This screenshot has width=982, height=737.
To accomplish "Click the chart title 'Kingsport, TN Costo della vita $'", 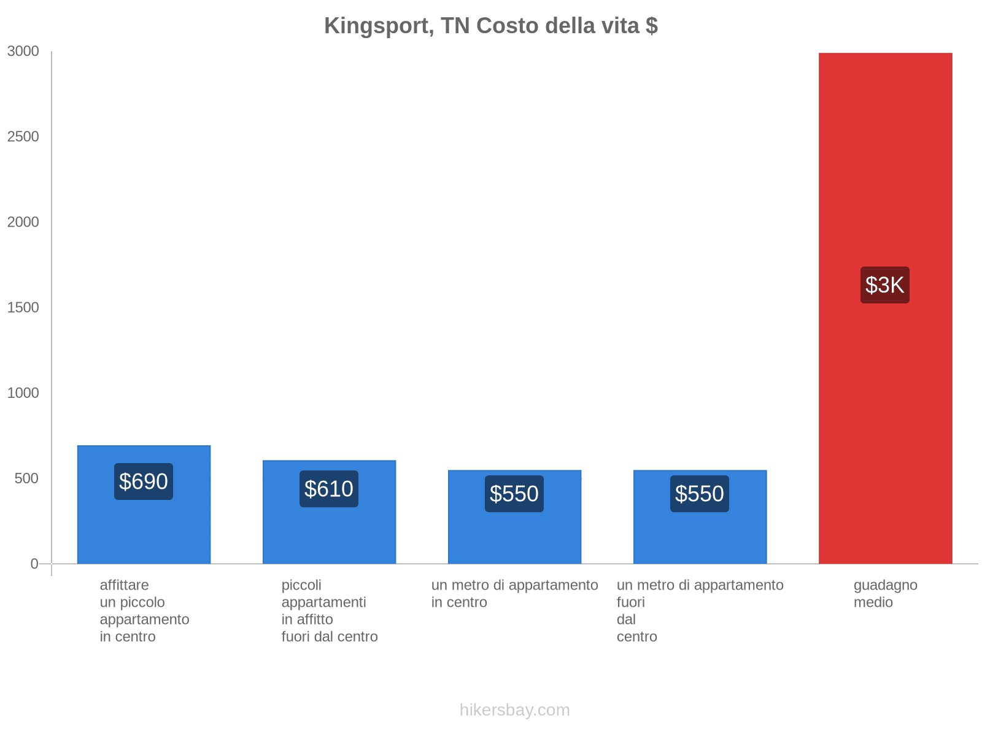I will pyautogui.click(x=491, y=26).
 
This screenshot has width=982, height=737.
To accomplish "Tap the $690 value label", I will pyautogui.click(x=144, y=482).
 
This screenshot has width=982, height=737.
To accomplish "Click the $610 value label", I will pyautogui.click(x=329, y=489).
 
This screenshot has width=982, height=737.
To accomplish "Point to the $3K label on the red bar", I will pyautogui.click(x=884, y=285).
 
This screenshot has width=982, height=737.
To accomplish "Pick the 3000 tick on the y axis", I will pyautogui.click(x=23, y=52).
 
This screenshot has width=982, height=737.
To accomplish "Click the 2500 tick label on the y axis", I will pyautogui.click(x=23, y=137).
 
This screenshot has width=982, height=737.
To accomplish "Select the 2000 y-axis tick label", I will pyautogui.click(x=23, y=222).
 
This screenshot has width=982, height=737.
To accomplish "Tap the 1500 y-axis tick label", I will pyautogui.click(x=23, y=308).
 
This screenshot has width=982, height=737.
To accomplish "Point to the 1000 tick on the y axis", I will pyautogui.click(x=23, y=393).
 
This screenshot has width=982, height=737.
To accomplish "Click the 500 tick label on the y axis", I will pyautogui.click(x=27, y=478).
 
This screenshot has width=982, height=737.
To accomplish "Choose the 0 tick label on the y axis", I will pyautogui.click(x=34, y=564).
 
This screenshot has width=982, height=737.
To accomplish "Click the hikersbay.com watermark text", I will pyautogui.click(x=514, y=710).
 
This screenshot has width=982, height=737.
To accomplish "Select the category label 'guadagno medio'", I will pyautogui.click(x=885, y=594).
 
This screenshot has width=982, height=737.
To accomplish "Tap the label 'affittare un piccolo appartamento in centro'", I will pyautogui.click(x=144, y=610).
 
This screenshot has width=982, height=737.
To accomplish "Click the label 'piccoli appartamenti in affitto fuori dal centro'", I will pyautogui.click(x=330, y=610).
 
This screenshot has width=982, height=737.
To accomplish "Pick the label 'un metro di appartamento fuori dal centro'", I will pyautogui.click(x=700, y=610).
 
